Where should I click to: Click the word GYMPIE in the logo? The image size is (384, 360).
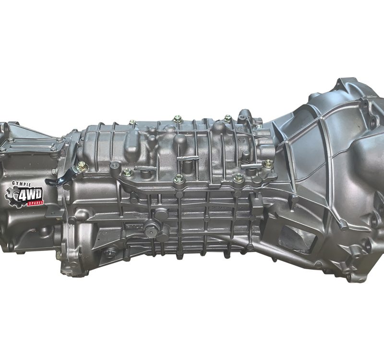tap(21, 184)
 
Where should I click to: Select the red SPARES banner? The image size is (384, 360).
tap(36, 203)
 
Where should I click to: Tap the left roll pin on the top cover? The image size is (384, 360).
tap(145, 168)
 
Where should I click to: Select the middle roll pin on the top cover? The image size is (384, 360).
tap(187, 158)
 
